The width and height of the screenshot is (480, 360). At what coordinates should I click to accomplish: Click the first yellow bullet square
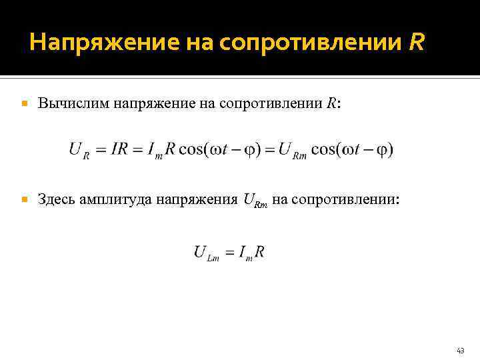point(25,104)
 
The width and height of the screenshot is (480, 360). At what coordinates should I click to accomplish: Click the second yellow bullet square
point(25,199)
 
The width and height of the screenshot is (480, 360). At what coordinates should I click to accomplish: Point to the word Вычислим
point(73,103)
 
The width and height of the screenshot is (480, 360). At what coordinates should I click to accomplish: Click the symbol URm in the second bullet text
point(256,199)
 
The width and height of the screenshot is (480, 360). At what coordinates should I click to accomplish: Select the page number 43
point(460,350)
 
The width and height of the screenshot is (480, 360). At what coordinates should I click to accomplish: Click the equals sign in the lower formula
point(229,253)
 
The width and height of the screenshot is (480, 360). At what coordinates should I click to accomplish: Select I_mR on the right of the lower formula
point(252,253)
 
